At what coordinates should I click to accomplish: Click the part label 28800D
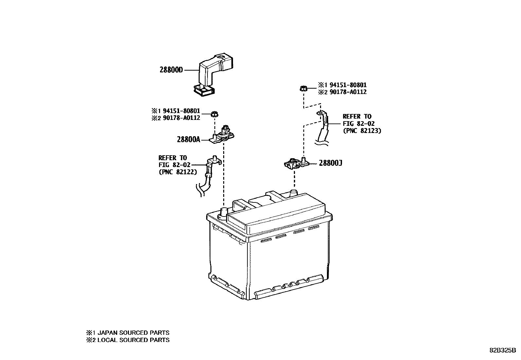(x=171, y=70)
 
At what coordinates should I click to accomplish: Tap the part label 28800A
(x=188, y=140)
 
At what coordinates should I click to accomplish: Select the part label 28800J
(x=330, y=163)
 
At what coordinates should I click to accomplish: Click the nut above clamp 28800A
(x=214, y=114)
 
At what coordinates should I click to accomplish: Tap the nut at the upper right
(x=303, y=88)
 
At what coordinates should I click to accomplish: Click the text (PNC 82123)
(x=362, y=130)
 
